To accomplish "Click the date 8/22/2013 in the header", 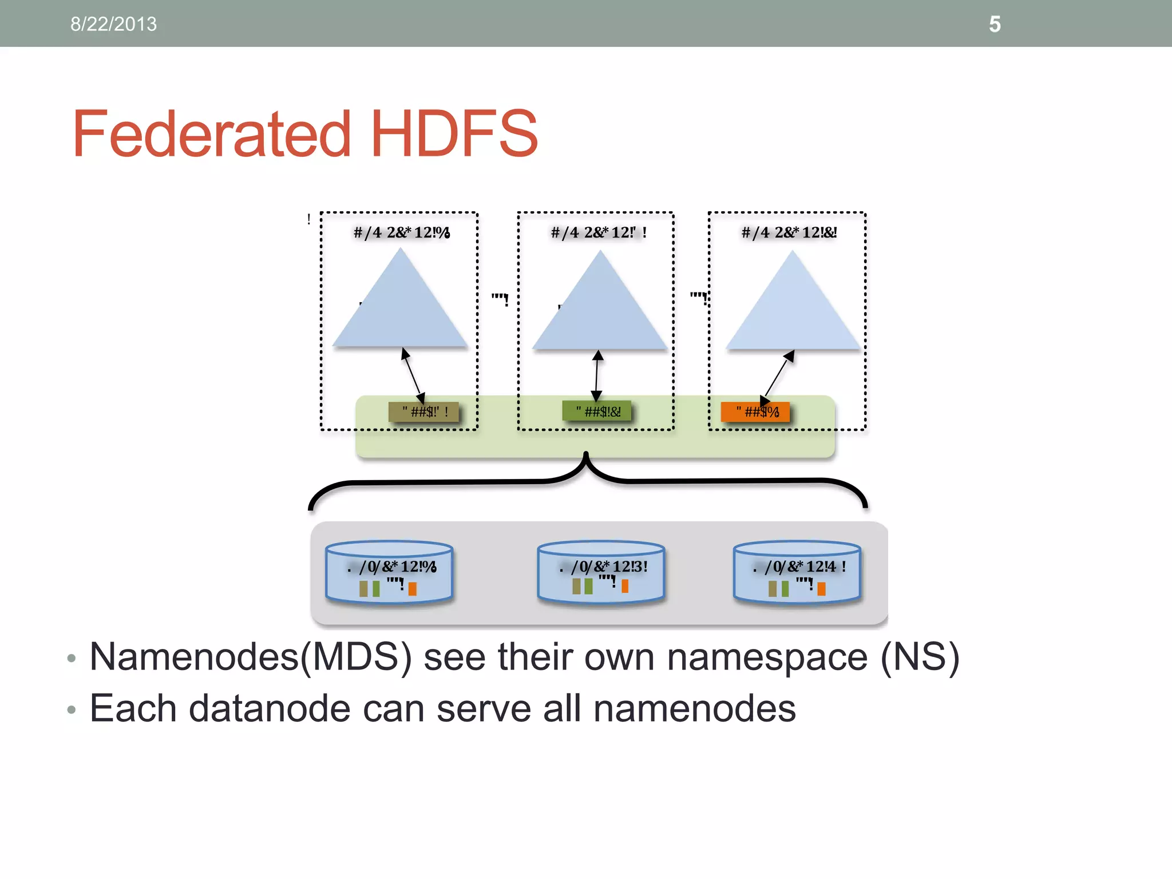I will pyautogui.click(x=113, y=24).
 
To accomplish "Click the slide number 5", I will pyautogui.click(x=995, y=25).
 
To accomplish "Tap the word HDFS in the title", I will pyautogui.click(x=454, y=134).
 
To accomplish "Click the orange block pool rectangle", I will pyautogui.click(x=755, y=411).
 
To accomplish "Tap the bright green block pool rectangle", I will pyautogui.click(x=597, y=411).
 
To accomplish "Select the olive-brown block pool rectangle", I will pyautogui.click(x=423, y=411).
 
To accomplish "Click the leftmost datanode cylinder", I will pyautogui.click(x=389, y=572).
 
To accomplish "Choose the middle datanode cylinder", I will pyautogui.click(x=601, y=572).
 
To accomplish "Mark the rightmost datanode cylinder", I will pyautogui.click(x=797, y=572).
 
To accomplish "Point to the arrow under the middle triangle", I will pyautogui.click(x=597, y=375).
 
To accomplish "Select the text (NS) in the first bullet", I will pyautogui.click(x=919, y=657).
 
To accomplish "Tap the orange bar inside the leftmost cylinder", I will pyautogui.click(x=412, y=589).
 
